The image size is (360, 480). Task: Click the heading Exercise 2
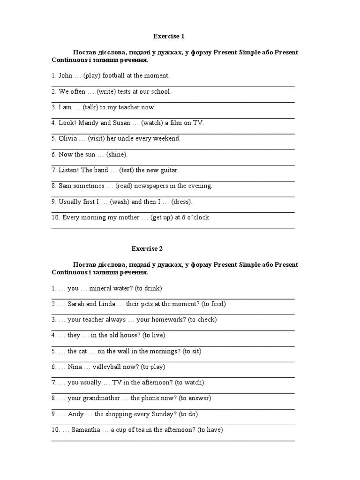point(147,248)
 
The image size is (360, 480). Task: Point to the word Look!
point(66,123)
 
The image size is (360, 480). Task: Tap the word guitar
point(169,170)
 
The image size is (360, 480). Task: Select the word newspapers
point(151,186)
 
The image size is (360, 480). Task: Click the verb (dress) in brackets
point(182,202)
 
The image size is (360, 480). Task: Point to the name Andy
point(76,414)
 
